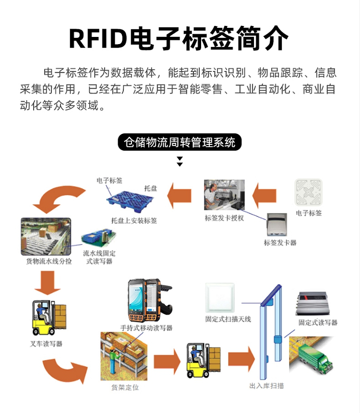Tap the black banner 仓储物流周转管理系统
coord(180,142)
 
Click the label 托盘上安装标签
coord(134,221)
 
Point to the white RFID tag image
coord(308,193)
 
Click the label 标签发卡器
coord(280,243)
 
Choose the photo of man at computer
coord(224,196)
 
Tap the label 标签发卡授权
coord(224,218)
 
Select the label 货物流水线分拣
coord(49,262)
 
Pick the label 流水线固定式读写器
coord(99,257)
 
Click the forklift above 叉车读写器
coord(48,319)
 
